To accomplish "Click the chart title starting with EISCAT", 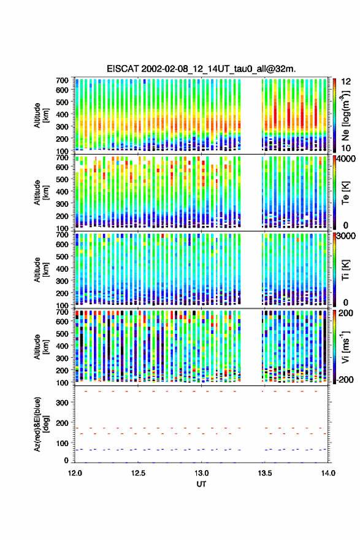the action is click(x=201, y=69).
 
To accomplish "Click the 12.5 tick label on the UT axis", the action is click(x=139, y=473).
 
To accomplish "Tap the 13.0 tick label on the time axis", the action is click(x=201, y=473).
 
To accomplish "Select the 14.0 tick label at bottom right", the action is click(x=328, y=473).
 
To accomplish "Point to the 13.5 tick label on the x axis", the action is click(x=265, y=473).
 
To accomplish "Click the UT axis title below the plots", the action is click(x=201, y=484).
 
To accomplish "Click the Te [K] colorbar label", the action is click(x=345, y=192).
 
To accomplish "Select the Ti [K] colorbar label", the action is click(x=345, y=269).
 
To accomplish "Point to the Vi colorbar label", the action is click(x=345, y=347).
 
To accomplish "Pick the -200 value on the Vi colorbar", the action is click(x=345, y=380).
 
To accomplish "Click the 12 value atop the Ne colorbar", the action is click(x=347, y=82).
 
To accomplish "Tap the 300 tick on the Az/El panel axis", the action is click(x=63, y=403).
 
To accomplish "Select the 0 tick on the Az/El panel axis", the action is click(x=66, y=460).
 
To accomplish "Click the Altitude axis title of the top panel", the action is click(x=41, y=115).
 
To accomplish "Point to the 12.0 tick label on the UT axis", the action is click(x=75, y=473).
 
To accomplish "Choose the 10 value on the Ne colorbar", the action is click(x=347, y=148).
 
